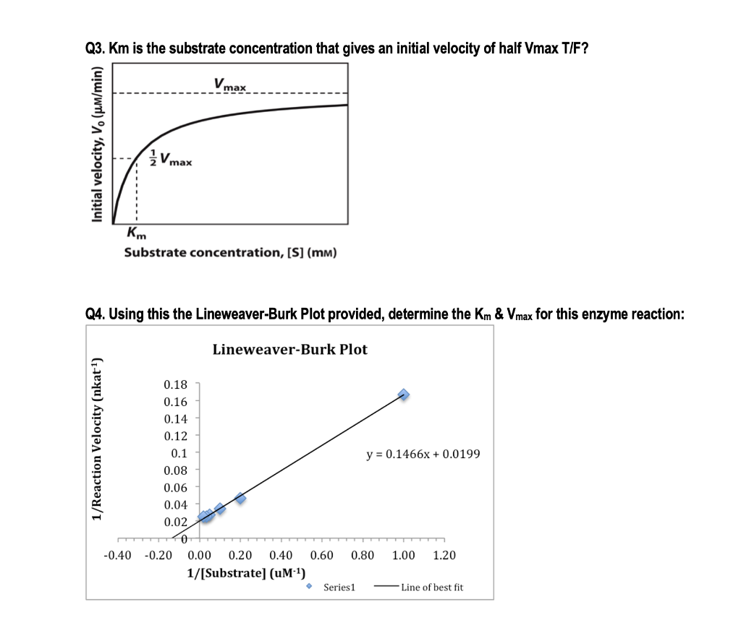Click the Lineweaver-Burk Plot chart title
tap(289, 350)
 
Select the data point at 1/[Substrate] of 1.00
tap(403, 395)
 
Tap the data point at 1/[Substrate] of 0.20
tap(240, 498)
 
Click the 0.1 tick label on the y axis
tap(179, 453)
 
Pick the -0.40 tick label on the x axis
tap(118, 556)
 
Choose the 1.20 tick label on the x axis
tap(444, 556)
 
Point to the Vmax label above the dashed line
tap(230, 85)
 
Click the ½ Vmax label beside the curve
tap(171, 158)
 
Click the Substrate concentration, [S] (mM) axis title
tap(230, 253)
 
